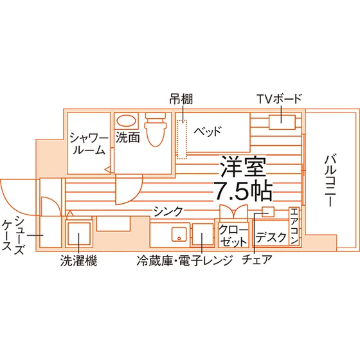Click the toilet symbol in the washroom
(x=156, y=129)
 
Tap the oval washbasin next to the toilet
(x=126, y=120)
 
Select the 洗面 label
(x=127, y=138)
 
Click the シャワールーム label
(x=89, y=143)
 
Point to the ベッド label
(x=207, y=131)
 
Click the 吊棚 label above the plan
(x=181, y=99)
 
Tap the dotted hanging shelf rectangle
(x=182, y=139)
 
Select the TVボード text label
(x=279, y=99)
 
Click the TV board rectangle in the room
(x=282, y=122)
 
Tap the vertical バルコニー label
(x=330, y=181)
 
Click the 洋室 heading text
(x=243, y=166)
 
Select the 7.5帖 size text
(x=243, y=191)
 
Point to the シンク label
(x=168, y=212)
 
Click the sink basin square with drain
(x=179, y=234)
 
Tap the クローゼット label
(x=233, y=235)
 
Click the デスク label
(x=271, y=237)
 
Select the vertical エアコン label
(x=294, y=226)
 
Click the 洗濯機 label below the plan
(x=78, y=260)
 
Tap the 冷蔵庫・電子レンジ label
(x=184, y=260)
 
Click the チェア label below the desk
(x=257, y=260)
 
